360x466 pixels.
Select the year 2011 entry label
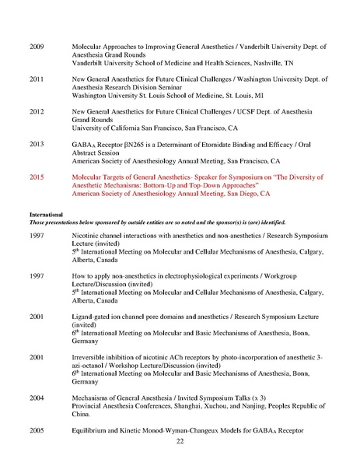pos(37,79)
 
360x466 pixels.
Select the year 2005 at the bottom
pos(37,429)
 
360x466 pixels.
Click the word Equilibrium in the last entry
pos(91,429)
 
